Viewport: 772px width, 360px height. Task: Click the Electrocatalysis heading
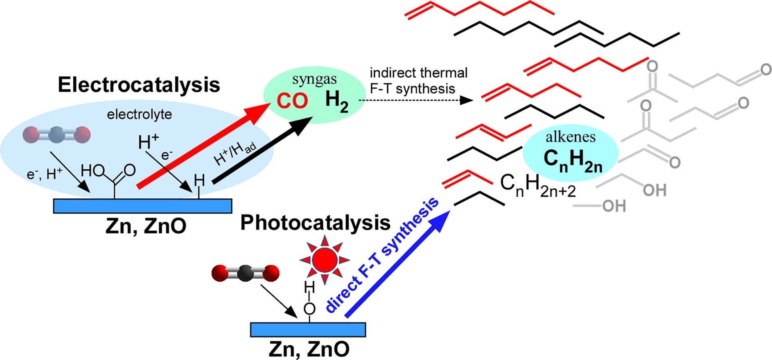(x=139, y=85)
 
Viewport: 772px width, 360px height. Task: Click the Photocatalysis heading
(x=316, y=223)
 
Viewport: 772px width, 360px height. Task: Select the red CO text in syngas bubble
(x=292, y=101)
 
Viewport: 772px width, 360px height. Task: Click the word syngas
(x=314, y=80)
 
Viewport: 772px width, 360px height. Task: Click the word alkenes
(x=571, y=137)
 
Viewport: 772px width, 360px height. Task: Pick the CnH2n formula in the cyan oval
(x=573, y=161)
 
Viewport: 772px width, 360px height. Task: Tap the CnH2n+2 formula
(x=538, y=186)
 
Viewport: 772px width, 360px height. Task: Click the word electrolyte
(x=139, y=115)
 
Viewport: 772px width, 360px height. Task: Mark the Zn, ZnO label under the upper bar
(x=146, y=226)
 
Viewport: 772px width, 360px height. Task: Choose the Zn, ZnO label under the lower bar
(x=309, y=349)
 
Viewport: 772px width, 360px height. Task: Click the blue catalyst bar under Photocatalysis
(x=308, y=330)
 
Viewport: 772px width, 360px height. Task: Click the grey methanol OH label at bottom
(x=614, y=206)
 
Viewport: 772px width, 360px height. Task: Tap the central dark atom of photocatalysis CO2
(x=245, y=273)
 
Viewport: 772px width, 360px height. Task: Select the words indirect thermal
(x=419, y=73)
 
